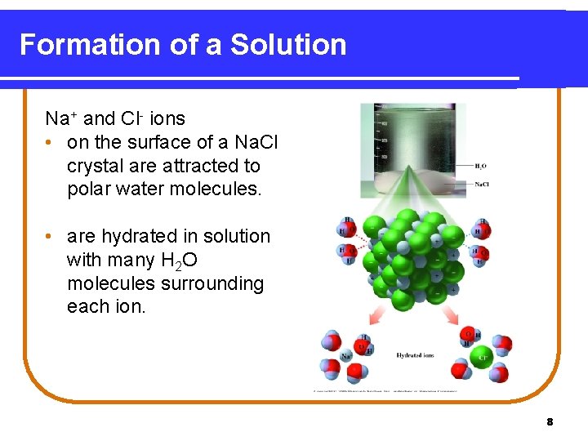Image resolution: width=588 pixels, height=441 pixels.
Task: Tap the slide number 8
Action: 550,422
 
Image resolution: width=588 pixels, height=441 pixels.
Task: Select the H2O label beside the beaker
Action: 481,166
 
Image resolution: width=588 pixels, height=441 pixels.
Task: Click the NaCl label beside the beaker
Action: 482,184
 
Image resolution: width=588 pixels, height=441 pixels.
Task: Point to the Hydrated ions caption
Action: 415,355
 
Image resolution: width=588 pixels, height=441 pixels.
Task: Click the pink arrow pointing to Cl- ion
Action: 449,318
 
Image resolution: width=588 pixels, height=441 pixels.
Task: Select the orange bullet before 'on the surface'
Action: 51,142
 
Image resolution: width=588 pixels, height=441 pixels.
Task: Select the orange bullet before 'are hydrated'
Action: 51,236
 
